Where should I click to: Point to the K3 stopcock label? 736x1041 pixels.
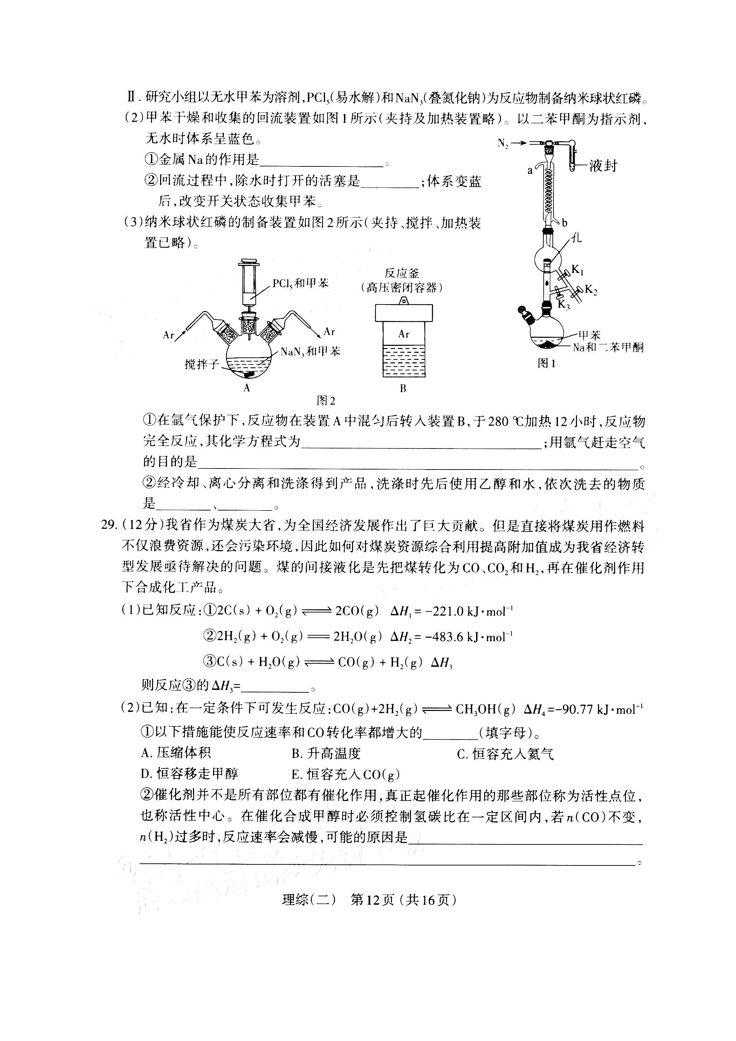click(x=563, y=305)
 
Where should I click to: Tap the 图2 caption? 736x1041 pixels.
click(x=326, y=400)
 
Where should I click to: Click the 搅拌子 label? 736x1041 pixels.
click(x=202, y=364)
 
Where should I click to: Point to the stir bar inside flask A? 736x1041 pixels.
click(x=249, y=375)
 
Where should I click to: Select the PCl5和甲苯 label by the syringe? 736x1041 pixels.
click(x=301, y=284)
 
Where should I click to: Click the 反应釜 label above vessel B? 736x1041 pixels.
click(x=402, y=273)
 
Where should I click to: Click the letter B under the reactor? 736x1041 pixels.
click(x=403, y=389)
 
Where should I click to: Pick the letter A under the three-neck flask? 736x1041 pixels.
click(x=247, y=388)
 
